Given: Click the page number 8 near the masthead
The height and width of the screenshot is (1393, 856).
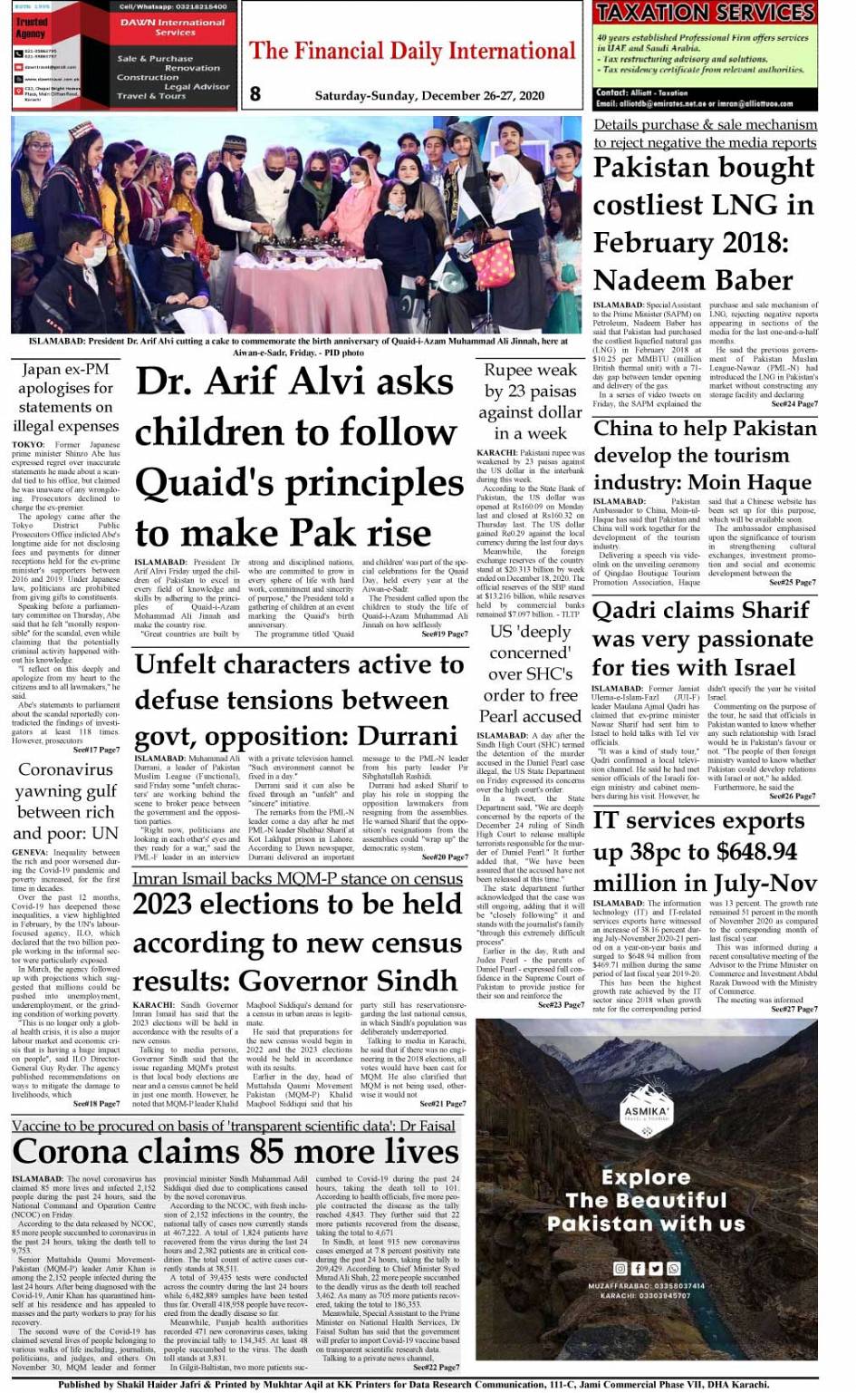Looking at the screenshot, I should point(255,92).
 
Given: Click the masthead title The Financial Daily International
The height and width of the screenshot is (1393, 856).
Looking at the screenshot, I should point(412,52).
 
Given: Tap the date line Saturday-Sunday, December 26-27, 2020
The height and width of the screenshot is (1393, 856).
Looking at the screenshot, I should point(429,95).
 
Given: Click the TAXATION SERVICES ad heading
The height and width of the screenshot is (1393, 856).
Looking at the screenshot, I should point(705,13).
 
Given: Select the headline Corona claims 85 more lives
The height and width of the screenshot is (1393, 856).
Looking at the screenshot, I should point(236,1151).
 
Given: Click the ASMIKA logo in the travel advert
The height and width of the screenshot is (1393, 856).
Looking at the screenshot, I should point(647,1112).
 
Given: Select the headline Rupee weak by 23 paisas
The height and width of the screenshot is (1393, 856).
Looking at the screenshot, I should point(530,401).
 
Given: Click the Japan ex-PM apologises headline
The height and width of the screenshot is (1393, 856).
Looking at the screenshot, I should point(65,397).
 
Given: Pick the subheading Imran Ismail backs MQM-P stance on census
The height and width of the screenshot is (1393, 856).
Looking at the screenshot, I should point(297,878).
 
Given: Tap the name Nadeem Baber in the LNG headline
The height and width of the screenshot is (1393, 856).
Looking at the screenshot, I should point(693,280).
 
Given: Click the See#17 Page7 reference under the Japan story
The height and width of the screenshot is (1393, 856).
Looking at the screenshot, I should point(96,750).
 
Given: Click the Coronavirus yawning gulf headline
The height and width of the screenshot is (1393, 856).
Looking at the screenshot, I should point(65,801).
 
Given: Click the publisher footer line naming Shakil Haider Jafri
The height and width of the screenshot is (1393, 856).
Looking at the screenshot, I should point(413,1385).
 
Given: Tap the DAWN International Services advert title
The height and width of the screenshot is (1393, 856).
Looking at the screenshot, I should point(174,26).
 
